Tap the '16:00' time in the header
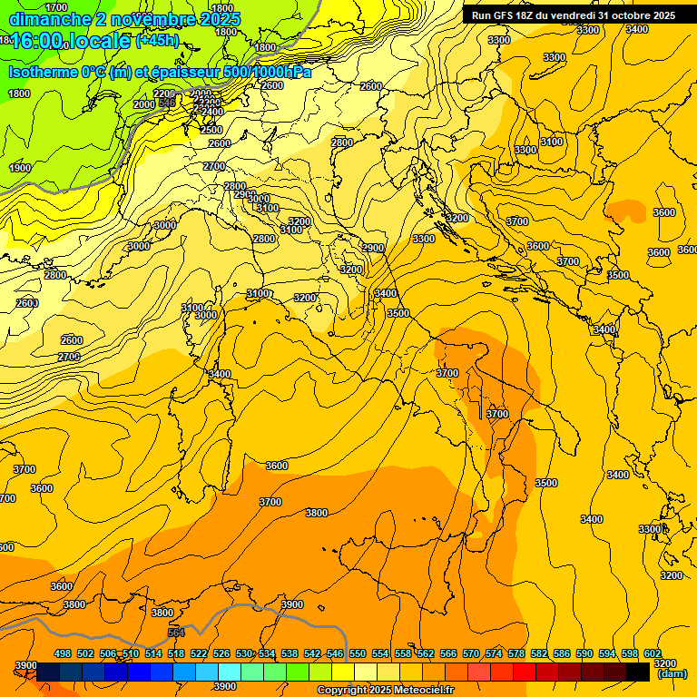[38, 41]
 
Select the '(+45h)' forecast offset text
[157, 41]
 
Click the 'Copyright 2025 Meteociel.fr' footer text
[386, 691]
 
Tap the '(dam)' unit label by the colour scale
[671, 673]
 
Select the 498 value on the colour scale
[63, 653]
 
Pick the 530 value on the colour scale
[244, 653]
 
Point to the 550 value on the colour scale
[358, 653]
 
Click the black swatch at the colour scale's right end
[638, 672]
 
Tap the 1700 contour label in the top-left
[55, 7]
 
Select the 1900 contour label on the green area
[20, 168]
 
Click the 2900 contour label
[373, 248]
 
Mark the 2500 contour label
[211, 130]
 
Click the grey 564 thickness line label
[176, 633]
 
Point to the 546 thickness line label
[167, 103]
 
